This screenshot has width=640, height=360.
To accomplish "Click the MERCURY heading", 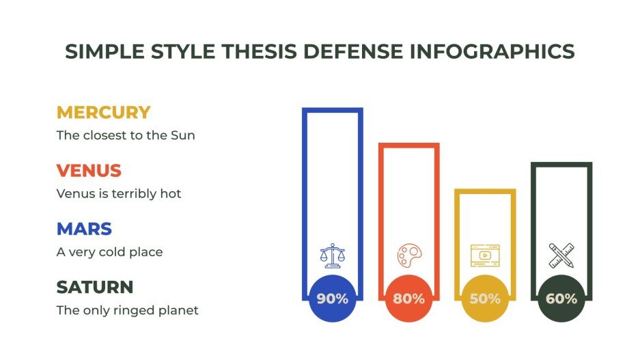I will pos(103,113).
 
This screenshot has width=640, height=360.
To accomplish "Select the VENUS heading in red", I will pos(89,171).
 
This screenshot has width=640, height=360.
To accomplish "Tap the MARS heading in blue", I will pos(84,229).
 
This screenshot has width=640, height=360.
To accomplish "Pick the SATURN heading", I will pos(94,287).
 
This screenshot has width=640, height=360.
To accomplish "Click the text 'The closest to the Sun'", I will pos(126,135).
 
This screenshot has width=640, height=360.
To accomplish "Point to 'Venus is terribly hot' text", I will pos(119,193).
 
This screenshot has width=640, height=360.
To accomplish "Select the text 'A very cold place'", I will pos(109,252).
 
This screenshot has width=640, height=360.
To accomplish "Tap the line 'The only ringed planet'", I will pos(127,310).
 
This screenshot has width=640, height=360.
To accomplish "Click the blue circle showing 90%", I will pos(333,299).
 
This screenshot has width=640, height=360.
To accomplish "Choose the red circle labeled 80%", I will pos(408,299).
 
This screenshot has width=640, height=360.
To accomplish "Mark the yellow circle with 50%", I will pos(485,299).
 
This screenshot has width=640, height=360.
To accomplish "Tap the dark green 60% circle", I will pos(561,299).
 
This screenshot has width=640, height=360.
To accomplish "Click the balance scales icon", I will pos(333,255).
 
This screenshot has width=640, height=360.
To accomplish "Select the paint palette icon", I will pos(408,255).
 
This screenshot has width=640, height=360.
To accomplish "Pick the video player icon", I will pos(485,255).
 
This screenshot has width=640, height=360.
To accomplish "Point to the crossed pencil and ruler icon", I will pos(561,255).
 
